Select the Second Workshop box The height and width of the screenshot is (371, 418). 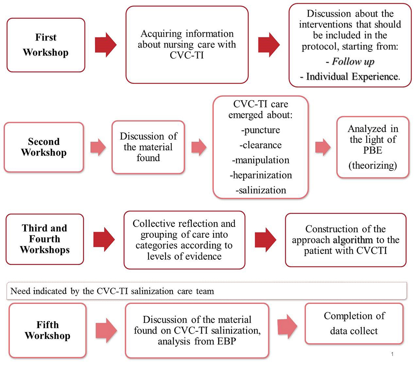(44, 147)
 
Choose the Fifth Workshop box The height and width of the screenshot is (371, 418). (47, 330)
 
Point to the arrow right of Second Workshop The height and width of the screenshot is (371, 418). (97, 147)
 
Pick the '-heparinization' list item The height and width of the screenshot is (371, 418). (261, 175)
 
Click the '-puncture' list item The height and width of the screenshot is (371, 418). (261, 130)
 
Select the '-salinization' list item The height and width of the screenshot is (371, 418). (261, 190)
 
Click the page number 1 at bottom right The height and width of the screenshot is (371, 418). (393, 355)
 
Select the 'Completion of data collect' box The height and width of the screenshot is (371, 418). (354, 323)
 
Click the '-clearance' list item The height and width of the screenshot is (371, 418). (261, 145)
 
